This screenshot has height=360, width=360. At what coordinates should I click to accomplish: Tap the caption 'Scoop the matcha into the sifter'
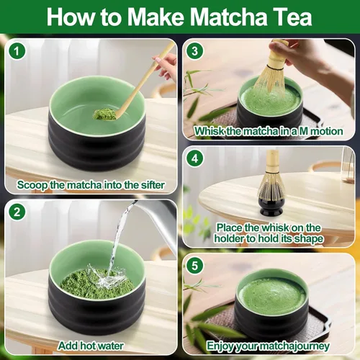(x=90, y=185)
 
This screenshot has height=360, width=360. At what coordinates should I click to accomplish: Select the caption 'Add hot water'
(x=90, y=346)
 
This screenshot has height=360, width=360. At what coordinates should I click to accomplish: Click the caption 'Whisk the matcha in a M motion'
(x=269, y=132)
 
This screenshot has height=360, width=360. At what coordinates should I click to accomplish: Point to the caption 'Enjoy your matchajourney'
(x=269, y=346)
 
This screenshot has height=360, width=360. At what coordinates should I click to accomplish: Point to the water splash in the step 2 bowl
(x=108, y=277)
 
